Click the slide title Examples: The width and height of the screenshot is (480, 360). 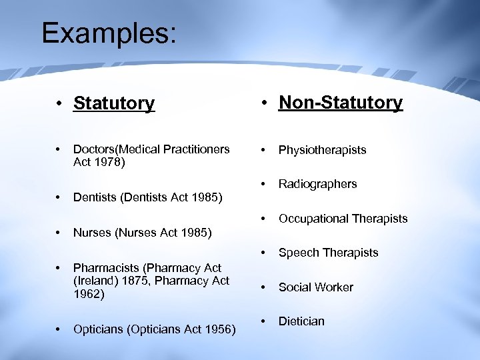[x=109, y=33]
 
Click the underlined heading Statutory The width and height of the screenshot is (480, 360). [x=114, y=103]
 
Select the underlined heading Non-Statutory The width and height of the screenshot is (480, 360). [x=341, y=103]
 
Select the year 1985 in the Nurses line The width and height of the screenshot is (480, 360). [x=197, y=233]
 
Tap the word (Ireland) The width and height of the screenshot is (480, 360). [x=96, y=281]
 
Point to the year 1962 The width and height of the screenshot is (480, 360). [x=89, y=294]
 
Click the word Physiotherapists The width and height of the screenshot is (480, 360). [x=322, y=150]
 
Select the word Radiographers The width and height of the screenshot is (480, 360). [x=317, y=184]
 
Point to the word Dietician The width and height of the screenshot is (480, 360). [x=301, y=321]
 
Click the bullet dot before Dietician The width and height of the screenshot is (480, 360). [x=265, y=321]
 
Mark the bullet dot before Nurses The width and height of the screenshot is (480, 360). [x=59, y=233]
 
